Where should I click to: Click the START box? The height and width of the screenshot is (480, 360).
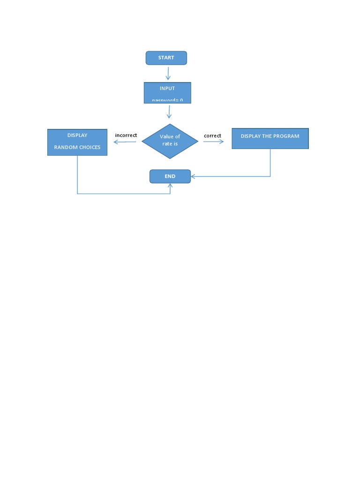point(166,58)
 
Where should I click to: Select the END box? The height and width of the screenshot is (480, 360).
point(170,177)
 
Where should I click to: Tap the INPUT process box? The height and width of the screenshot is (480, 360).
point(167,92)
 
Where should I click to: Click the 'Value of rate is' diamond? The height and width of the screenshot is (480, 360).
point(170,141)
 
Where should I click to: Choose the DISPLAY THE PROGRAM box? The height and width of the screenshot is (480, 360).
point(270,139)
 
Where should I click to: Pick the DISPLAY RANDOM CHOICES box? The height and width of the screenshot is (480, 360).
point(77,142)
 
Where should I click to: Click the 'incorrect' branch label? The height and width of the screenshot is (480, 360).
point(126,135)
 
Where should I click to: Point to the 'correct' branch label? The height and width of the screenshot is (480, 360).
point(212,135)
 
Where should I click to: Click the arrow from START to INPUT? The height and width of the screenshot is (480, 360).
point(168,73)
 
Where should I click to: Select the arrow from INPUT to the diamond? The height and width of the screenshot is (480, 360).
point(169,112)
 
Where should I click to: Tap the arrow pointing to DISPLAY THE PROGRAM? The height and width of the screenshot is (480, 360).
point(214,141)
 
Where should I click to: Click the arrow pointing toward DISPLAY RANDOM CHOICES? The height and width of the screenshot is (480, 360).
point(125,142)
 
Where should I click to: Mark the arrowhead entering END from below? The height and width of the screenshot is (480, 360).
point(170,186)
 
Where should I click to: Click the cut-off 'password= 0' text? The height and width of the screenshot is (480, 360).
point(167,100)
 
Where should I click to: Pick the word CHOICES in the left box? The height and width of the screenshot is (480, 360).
point(90,147)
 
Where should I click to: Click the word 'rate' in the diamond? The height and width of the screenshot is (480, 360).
point(167,143)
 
